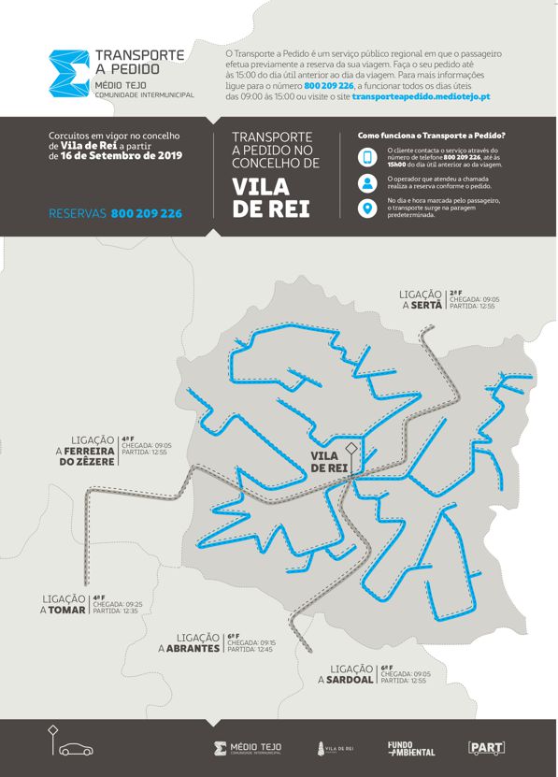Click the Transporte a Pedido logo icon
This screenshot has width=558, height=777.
click(x=67, y=73)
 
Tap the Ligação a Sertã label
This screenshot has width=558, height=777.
click(x=421, y=299)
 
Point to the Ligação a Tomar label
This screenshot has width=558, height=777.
click(x=64, y=604)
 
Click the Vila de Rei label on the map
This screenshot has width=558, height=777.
click(x=328, y=461)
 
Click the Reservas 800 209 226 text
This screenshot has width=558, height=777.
click(x=115, y=214)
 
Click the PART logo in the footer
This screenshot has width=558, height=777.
click(x=486, y=748)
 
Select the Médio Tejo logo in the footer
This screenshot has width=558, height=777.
click(x=248, y=748)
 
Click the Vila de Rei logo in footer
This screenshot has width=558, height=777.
click(x=336, y=748)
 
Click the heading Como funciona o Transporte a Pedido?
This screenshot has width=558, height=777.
click(x=431, y=136)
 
